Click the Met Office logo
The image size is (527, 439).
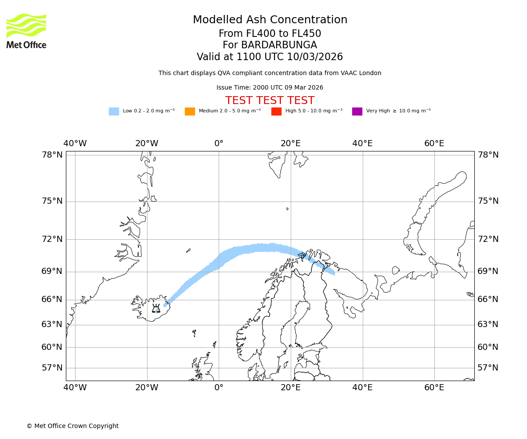[26, 31]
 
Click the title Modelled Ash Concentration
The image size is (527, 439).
[270, 20]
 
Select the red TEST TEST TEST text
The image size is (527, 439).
[270, 101]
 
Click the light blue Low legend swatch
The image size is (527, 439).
[114, 111]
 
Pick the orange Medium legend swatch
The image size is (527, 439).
[190, 111]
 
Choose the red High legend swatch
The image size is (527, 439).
[276, 111]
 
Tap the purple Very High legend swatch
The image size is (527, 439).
[357, 111]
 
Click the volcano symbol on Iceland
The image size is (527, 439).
[156, 308]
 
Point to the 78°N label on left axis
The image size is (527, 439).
[52, 155]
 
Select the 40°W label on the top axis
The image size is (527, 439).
[75, 144]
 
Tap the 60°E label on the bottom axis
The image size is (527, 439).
[434, 388]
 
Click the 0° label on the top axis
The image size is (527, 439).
[219, 144]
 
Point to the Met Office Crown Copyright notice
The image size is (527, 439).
[72, 426]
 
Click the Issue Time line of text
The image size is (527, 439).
[270, 87]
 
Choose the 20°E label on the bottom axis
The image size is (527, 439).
[291, 388]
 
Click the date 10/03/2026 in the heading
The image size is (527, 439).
[315, 57]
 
